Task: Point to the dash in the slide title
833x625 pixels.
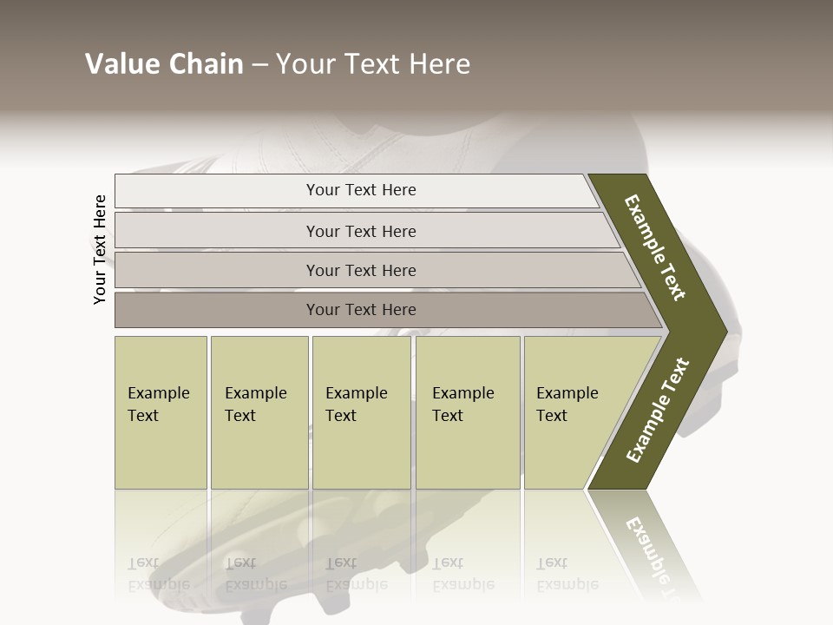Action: click(259, 65)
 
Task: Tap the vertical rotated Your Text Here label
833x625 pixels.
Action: click(100, 249)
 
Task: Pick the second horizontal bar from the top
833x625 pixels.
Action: click(361, 231)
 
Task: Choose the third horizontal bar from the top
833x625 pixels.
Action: click(361, 270)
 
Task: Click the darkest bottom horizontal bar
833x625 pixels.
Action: click(361, 309)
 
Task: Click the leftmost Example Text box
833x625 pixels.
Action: click(161, 412)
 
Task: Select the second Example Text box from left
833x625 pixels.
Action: click(259, 412)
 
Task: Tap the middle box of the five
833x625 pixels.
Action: click(361, 412)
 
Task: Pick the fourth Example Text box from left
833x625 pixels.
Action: click(467, 412)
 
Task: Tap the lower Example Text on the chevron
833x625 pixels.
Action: click(658, 410)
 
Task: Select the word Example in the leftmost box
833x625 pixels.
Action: click(158, 393)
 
